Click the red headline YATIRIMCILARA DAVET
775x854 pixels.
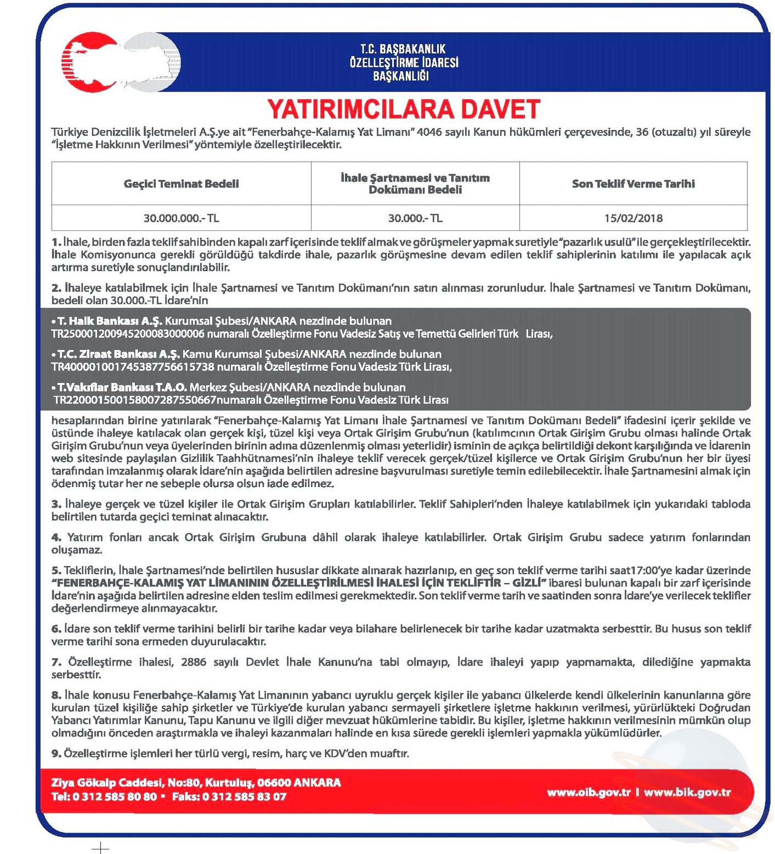404,109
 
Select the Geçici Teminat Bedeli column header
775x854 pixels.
181,184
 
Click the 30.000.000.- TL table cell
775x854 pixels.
181,218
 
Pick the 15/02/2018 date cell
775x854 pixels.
633,218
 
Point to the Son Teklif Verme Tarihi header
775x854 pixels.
633,184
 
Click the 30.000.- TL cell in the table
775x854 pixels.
415,218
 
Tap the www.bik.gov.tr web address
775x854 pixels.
687,792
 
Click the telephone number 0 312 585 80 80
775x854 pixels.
115,796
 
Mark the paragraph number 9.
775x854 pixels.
56,754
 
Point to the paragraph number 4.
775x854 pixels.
56,538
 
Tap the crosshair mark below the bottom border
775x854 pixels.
100,848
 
